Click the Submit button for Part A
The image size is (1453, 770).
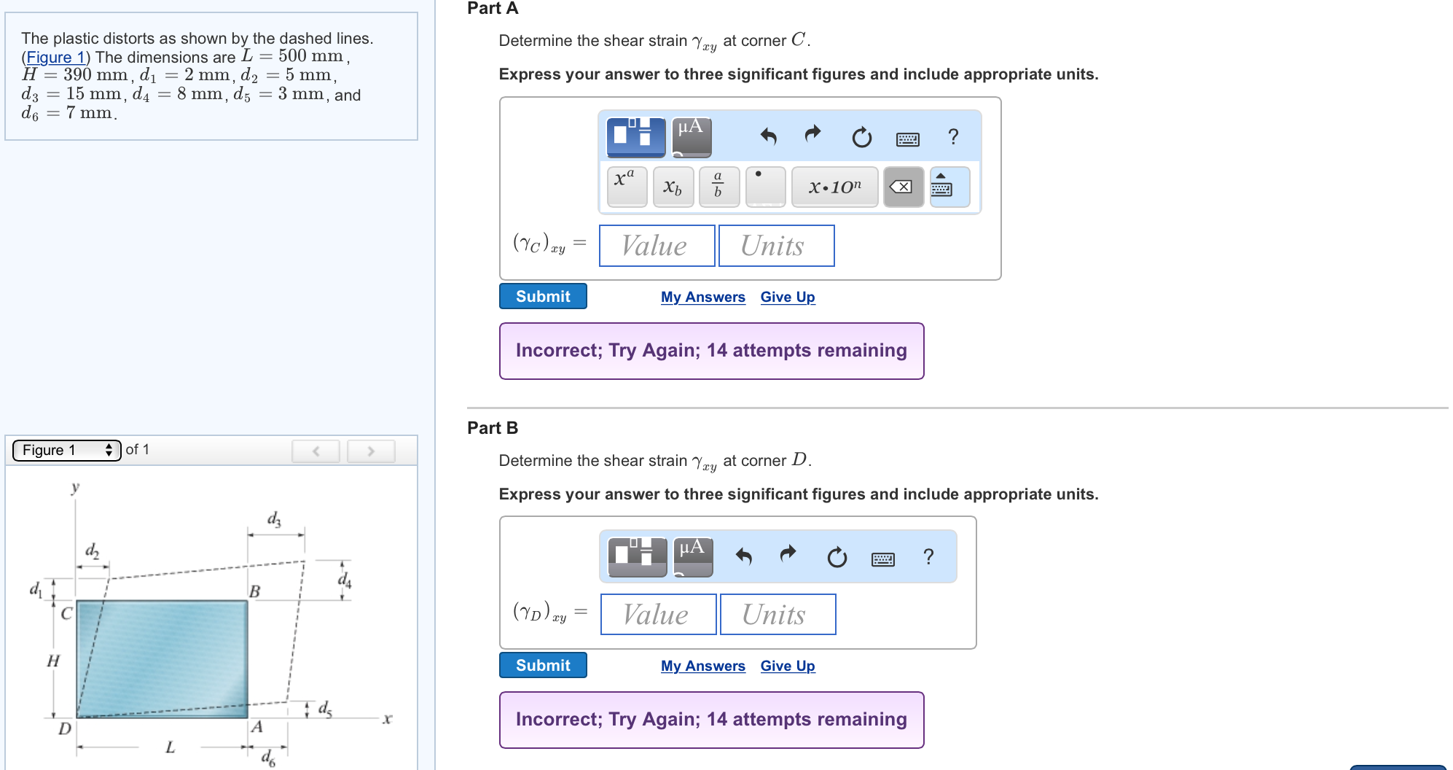[x=543, y=296]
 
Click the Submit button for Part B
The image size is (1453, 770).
[x=543, y=665]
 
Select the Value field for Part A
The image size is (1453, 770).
[x=657, y=246]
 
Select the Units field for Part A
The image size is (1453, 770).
[x=776, y=246]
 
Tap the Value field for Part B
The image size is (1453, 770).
[x=658, y=614]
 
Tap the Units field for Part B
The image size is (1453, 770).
[x=778, y=614]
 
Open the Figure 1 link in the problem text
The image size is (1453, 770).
[x=56, y=57]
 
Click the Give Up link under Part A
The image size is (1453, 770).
[x=788, y=297]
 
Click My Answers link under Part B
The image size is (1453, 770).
[x=703, y=666]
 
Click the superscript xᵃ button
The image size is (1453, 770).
[x=627, y=187]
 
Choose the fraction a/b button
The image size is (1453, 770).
[x=718, y=187]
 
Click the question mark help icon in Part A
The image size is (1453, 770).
[x=953, y=136]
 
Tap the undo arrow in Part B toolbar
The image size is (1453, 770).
[x=743, y=556]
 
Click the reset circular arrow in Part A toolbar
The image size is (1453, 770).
[x=862, y=136]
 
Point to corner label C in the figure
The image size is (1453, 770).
[x=66, y=613]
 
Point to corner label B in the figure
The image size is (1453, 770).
[x=254, y=591]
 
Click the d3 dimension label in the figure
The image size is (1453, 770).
[x=274, y=519]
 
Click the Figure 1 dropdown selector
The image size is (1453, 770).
[x=66, y=450]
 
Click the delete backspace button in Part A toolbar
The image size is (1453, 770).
[x=903, y=187]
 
